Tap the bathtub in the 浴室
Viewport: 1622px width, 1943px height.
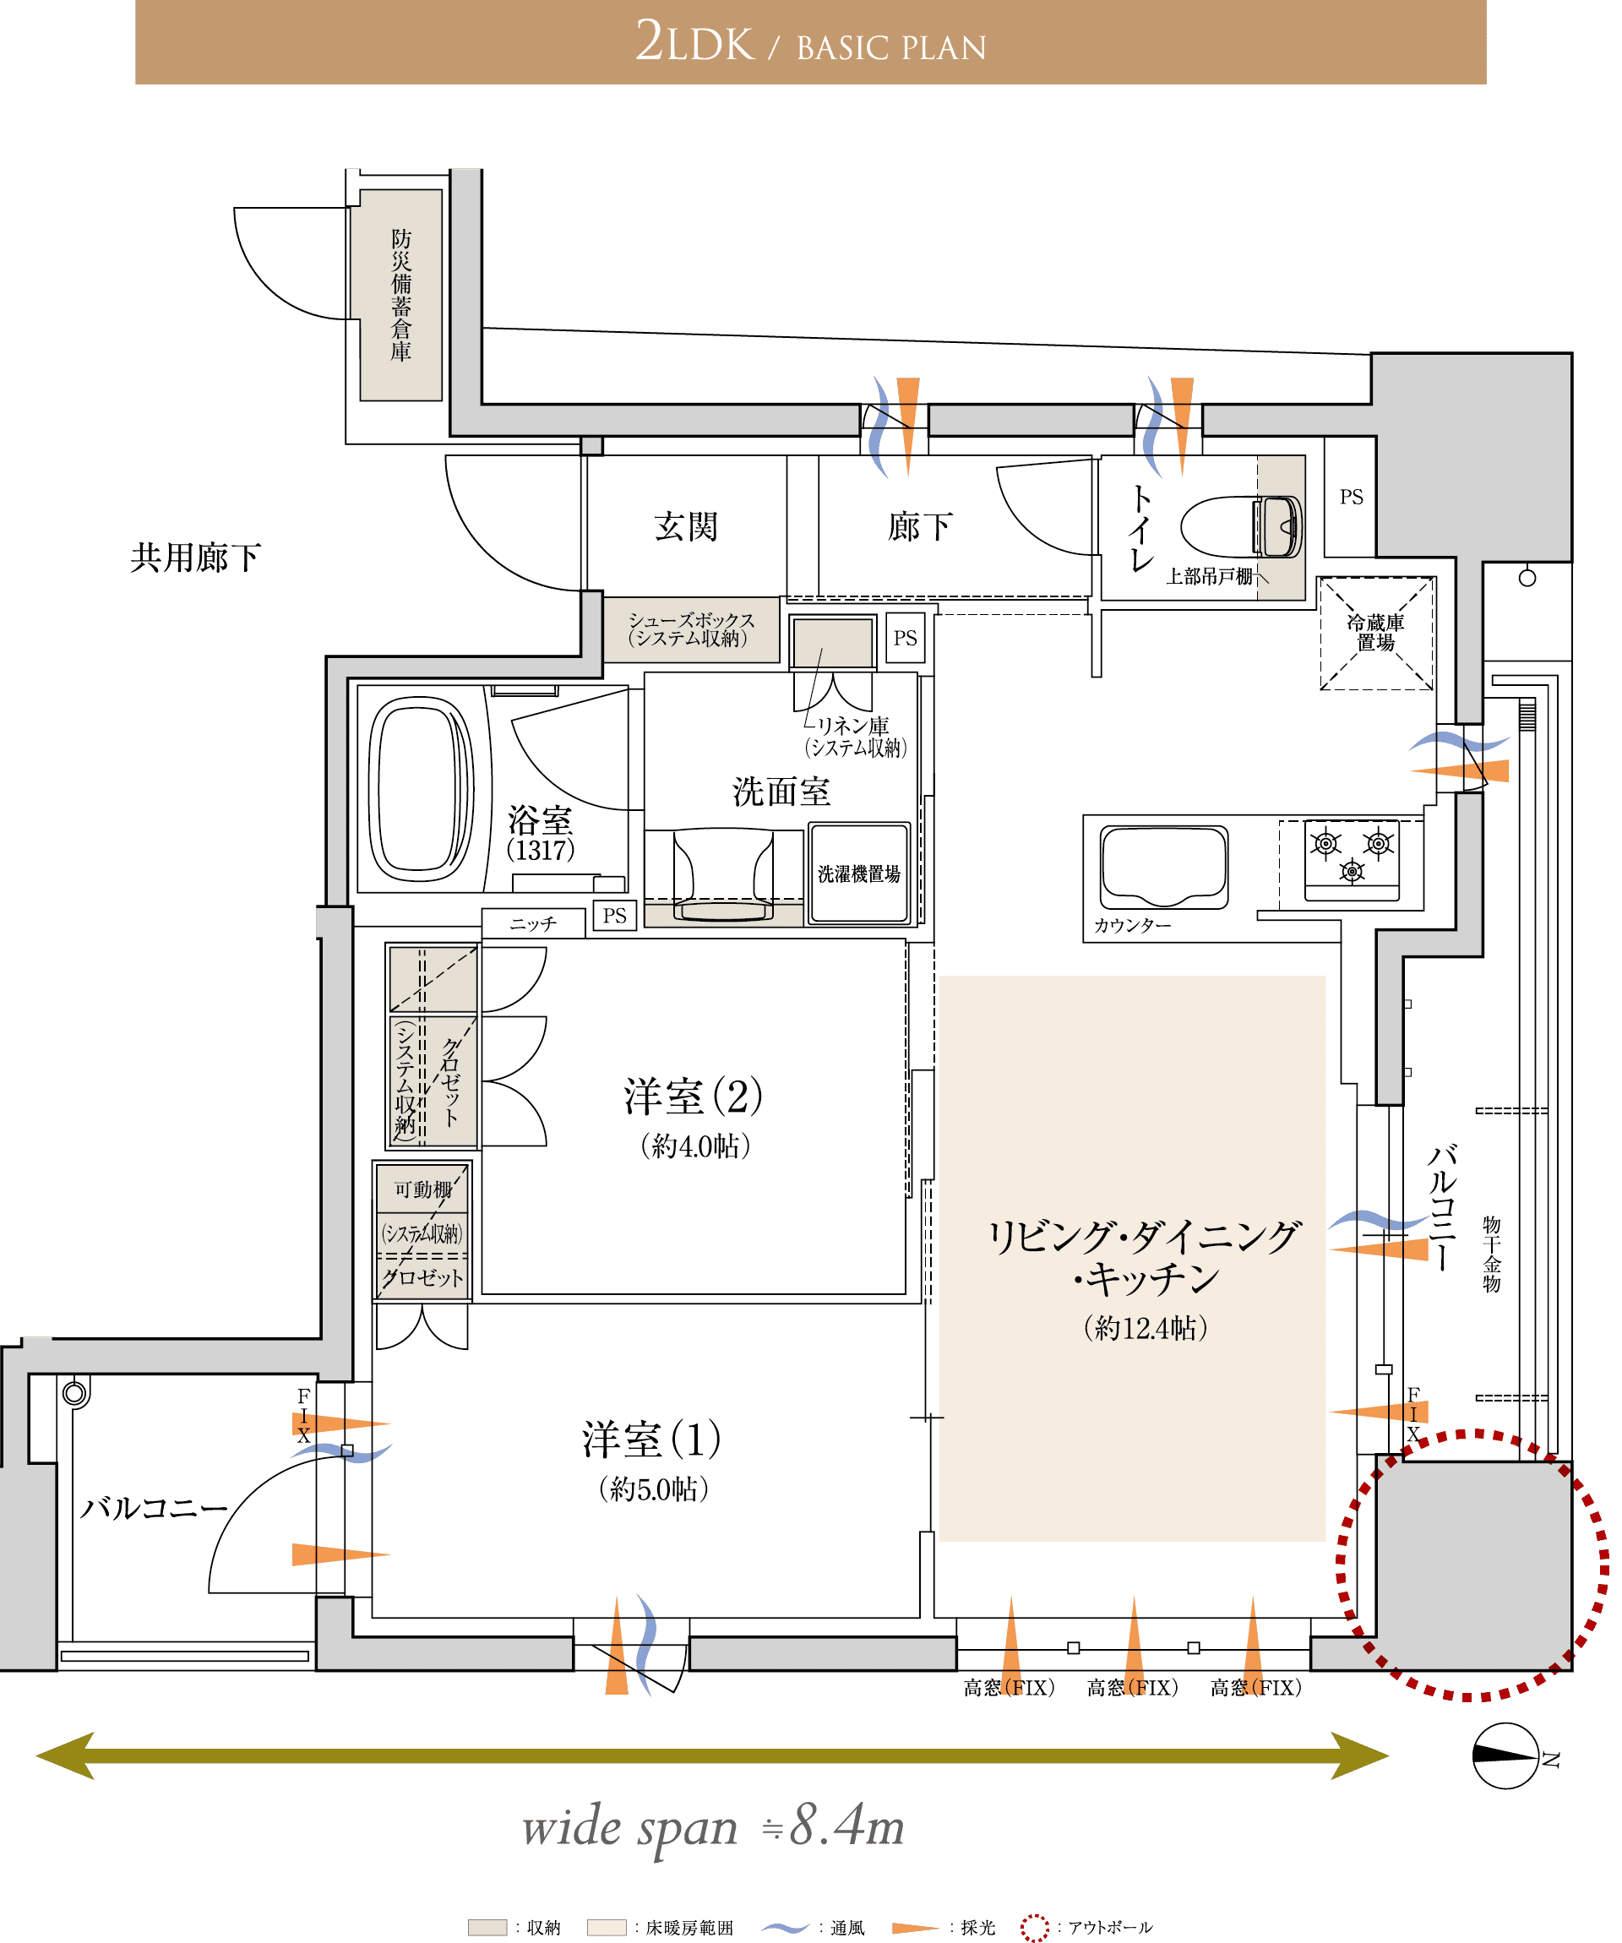pos(421,788)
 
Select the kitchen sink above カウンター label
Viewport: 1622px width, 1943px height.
pos(1164,866)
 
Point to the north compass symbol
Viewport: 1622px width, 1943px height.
pos(1505,1755)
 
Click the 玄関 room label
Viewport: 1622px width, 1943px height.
pos(686,526)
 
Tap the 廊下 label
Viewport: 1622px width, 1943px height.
pos(919,526)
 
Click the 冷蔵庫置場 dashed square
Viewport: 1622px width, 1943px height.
pos(1376,633)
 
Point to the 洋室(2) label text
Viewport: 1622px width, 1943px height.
pos(693,1096)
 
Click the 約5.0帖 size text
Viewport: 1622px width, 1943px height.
pos(653,1489)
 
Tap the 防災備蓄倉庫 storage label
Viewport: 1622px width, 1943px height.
pos(400,295)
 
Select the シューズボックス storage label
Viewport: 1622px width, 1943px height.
pos(691,629)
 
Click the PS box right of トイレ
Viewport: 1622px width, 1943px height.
pos(1350,497)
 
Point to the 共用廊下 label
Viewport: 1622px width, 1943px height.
pos(195,558)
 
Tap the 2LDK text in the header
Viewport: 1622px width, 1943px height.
pos(694,42)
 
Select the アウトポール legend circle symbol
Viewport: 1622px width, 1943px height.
pos(1035,1927)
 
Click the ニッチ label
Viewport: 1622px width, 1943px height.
pos(533,923)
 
